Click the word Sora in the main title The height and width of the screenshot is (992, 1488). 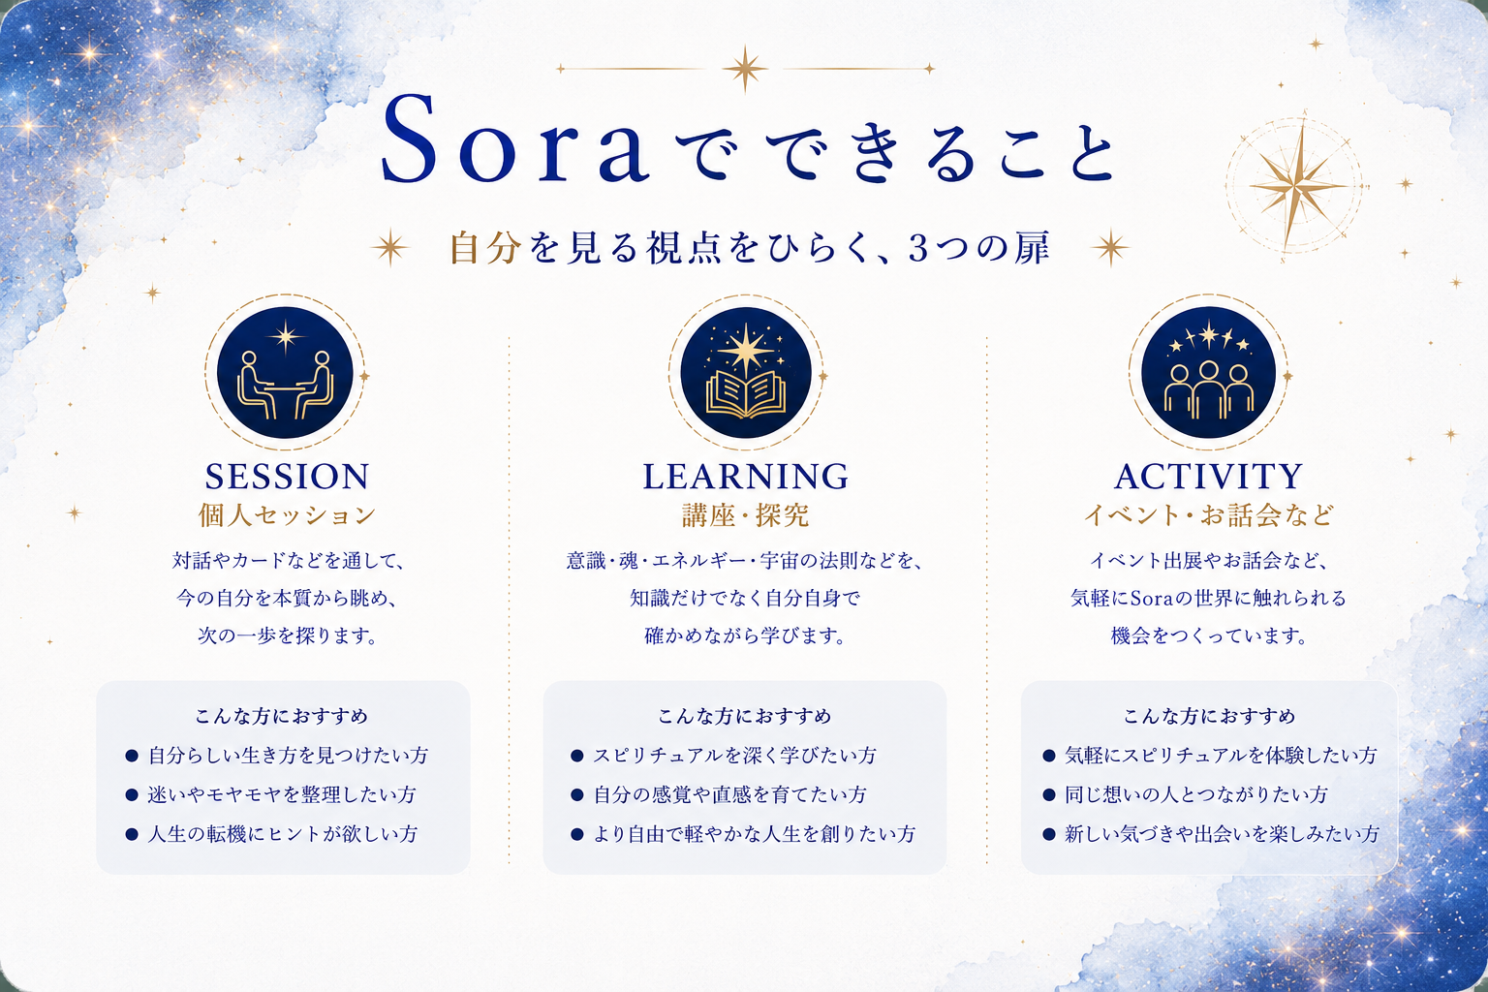(x=514, y=139)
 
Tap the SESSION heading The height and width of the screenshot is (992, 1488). (x=287, y=477)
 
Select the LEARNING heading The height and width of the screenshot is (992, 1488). (x=745, y=477)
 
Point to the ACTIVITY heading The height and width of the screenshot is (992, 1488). (x=1208, y=477)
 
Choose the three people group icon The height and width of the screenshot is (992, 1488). (x=1208, y=390)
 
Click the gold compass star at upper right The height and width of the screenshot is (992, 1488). (x=1294, y=187)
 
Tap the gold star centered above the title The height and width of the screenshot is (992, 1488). (x=745, y=69)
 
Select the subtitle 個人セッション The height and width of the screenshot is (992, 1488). (x=287, y=515)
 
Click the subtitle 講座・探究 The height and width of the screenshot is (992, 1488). (x=745, y=515)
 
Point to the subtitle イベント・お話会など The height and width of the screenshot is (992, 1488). (x=1208, y=515)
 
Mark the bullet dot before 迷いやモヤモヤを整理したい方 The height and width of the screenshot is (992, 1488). (x=132, y=794)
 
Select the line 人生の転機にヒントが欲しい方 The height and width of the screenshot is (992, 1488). (x=282, y=834)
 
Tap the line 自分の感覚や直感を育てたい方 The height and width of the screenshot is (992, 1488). (x=730, y=794)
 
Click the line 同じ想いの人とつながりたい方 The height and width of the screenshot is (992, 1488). (x=1196, y=794)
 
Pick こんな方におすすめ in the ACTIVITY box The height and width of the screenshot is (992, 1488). (x=1209, y=716)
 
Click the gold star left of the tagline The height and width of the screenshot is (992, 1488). (x=390, y=248)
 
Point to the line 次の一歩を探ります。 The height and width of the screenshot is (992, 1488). (x=288, y=635)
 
